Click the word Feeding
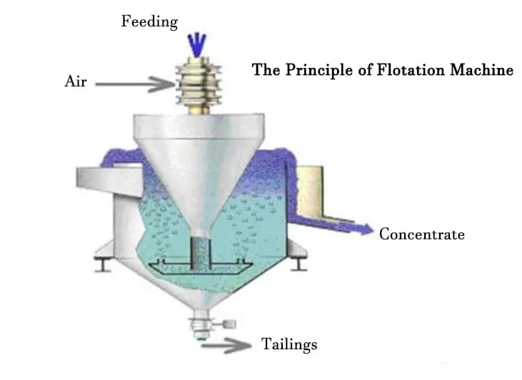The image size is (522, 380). tap(149, 21)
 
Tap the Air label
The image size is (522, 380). tap(75, 81)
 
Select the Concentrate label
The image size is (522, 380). tap(422, 234)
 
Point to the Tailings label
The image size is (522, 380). tap(289, 344)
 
